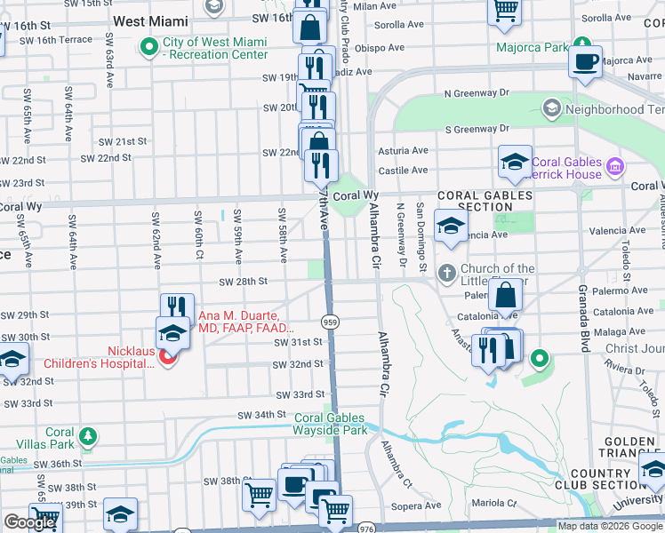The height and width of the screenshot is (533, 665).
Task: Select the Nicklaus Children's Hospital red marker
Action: (x=168, y=356)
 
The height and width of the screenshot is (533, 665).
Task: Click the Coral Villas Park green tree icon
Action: (x=87, y=435)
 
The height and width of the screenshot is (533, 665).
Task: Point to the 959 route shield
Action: (x=330, y=321)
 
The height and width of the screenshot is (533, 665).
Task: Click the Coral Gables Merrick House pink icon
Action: (x=613, y=166)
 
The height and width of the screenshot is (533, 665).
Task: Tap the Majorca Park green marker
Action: (x=581, y=44)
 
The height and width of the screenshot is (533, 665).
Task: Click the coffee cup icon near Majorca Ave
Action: (x=585, y=62)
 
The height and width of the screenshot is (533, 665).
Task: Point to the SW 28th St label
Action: (x=244, y=282)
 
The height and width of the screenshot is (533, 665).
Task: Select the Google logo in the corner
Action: (x=29, y=522)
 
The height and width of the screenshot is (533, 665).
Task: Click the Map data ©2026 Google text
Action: (x=610, y=526)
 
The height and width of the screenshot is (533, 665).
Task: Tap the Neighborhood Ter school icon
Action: (x=551, y=108)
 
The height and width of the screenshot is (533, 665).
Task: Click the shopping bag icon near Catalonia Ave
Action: (x=506, y=296)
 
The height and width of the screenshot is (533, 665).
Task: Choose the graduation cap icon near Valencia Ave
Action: (x=452, y=225)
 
